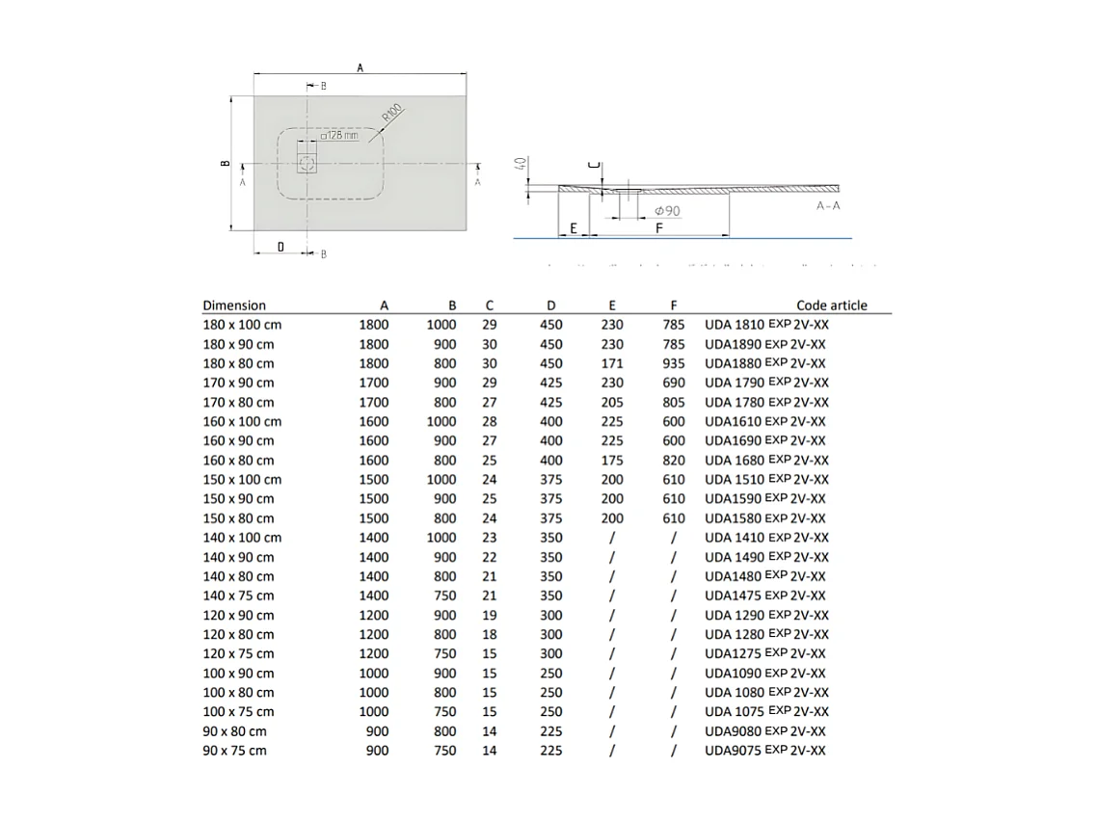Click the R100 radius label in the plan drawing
(x=390, y=112)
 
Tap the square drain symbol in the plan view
(x=307, y=163)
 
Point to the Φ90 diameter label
(x=666, y=210)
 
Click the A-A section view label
(x=828, y=206)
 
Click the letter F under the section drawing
(x=658, y=228)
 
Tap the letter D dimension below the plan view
(x=281, y=248)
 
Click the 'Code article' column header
(x=831, y=305)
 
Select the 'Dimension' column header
(x=234, y=305)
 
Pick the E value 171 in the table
(x=611, y=363)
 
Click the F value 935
(x=674, y=363)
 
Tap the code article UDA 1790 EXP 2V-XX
(x=766, y=383)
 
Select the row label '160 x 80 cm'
(x=238, y=460)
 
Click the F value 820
(x=674, y=460)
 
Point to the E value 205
(x=611, y=402)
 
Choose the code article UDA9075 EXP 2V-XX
(x=764, y=750)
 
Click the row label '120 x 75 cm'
(x=238, y=653)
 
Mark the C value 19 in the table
(x=489, y=615)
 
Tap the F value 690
(x=674, y=383)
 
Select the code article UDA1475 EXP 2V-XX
(x=764, y=596)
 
